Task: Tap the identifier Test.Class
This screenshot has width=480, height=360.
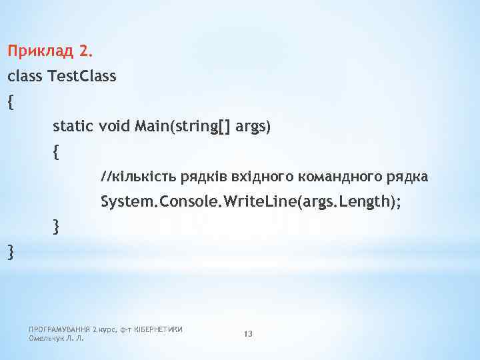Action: click(x=82, y=76)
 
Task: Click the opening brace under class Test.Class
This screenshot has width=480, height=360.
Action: click(x=9, y=102)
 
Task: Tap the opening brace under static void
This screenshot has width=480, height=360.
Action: click(x=55, y=153)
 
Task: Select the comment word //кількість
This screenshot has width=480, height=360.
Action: click(x=134, y=177)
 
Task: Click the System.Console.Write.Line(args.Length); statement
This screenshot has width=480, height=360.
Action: click(x=251, y=202)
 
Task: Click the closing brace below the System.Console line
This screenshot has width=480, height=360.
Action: click(x=55, y=227)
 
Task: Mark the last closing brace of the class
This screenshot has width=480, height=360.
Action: click(x=9, y=252)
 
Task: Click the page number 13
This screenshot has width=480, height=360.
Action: click(x=248, y=333)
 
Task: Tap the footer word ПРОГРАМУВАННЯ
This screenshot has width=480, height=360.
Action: click(x=59, y=329)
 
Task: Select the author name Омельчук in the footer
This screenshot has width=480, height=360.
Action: click(x=46, y=338)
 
